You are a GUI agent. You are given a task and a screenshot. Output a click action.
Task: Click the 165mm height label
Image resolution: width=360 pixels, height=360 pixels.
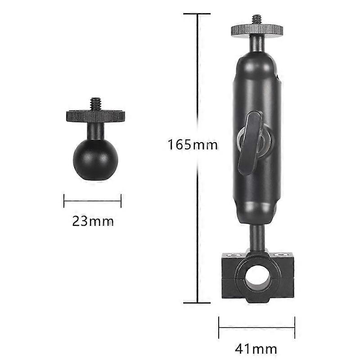pyautogui.click(x=193, y=144)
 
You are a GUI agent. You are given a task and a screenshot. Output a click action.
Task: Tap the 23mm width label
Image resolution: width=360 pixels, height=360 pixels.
pyautogui.click(x=93, y=221)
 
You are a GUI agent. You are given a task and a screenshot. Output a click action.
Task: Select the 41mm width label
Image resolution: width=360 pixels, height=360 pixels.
pyautogui.click(x=256, y=349)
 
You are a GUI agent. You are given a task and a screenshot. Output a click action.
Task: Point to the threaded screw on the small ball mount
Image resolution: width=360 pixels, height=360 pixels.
pyautogui.click(x=96, y=104)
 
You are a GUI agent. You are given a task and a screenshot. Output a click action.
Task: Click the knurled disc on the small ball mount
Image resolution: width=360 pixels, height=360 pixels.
pyautogui.click(x=95, y=116)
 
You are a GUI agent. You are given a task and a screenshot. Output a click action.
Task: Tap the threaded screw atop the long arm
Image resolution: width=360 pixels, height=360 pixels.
pyautogui.click(x=257, y=20)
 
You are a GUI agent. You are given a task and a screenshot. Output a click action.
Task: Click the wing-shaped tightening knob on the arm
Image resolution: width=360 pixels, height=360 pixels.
pyautogui.click(x=250, y=143)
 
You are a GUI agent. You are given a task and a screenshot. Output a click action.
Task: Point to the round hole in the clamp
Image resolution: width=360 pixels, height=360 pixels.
pyautogui.click(x=256, y=278)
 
